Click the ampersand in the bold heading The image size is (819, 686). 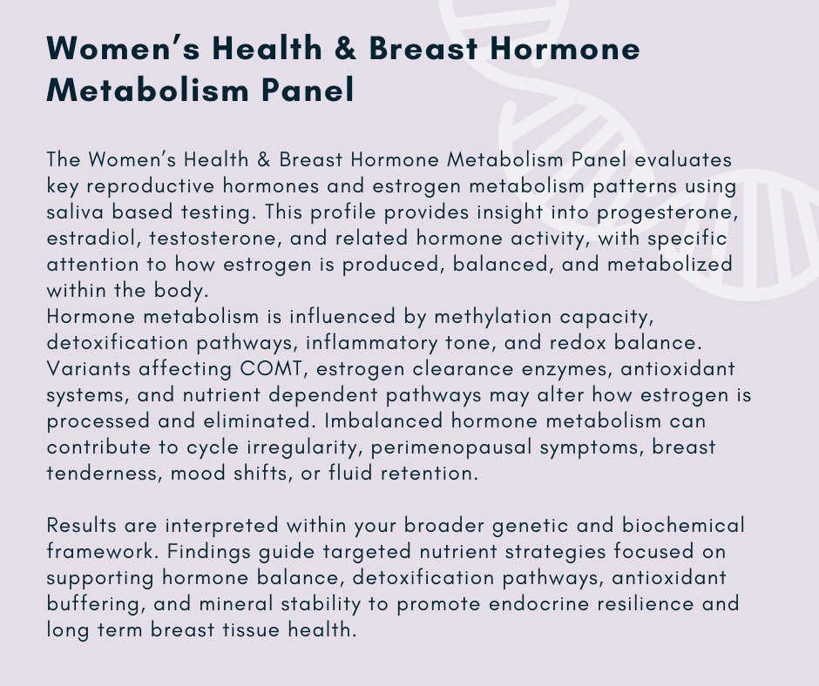pyautogui.click(x=345, y=49)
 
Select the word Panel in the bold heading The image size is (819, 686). pyautogui.click(x=308, y=90)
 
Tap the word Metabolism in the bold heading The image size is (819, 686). pyautogui.click(x=148, y=90)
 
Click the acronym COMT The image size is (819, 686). pyautogui.click(x=271, y=369)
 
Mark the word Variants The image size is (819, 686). pyautogui.click(x=88, y=369)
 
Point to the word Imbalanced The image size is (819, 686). pyautogui.click(x=383, y=420)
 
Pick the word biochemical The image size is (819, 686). pyautogui.click(x=683, y=525)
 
